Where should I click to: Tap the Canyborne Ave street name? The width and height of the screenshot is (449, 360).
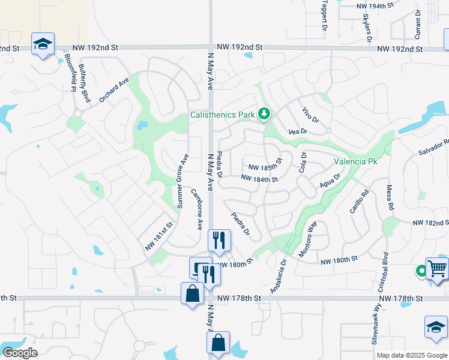coord(197,209)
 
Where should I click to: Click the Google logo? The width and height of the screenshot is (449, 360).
coord(20,353)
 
